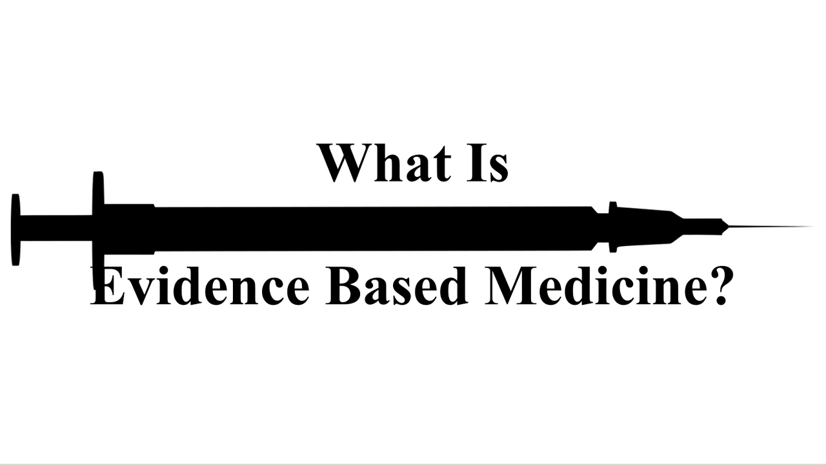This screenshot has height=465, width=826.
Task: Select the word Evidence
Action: click(x=200, y=285)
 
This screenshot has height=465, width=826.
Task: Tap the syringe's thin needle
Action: click(x=768, y=227)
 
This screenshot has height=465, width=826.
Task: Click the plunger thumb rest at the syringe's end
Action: click(x=15, y=229)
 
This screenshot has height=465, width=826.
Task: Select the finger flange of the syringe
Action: click(x=98, y=220)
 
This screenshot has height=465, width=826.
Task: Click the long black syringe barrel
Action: click(x=374, y=228)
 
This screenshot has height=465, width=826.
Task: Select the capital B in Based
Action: click(x=343, y=285)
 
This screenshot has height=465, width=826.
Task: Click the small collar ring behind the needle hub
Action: click(x=612, y=227)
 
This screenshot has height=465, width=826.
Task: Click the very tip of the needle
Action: click(x=810, y=227)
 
